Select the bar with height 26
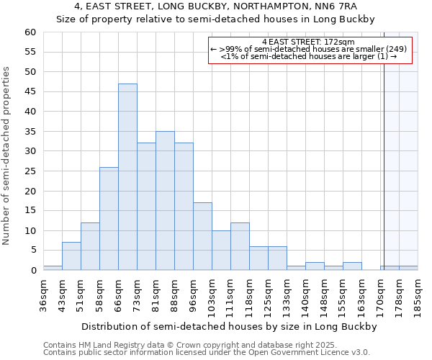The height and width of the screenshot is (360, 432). click(109, 219)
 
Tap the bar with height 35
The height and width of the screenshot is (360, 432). click(165, 201)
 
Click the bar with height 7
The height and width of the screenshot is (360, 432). click(71, 256)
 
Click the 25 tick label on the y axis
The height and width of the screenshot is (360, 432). click(30, 171)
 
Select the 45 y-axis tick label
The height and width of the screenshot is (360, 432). click(30, 92)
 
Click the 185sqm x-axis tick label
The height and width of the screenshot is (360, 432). click(418, 295)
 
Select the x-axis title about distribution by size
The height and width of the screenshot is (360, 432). click(229, 326)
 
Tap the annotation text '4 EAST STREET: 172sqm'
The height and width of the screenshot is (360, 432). click(310, 42)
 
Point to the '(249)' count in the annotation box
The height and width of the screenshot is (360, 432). click(396, 49)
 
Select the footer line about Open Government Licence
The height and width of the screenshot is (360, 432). click(207, 352)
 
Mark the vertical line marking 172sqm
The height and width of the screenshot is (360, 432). click(384, 144)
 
